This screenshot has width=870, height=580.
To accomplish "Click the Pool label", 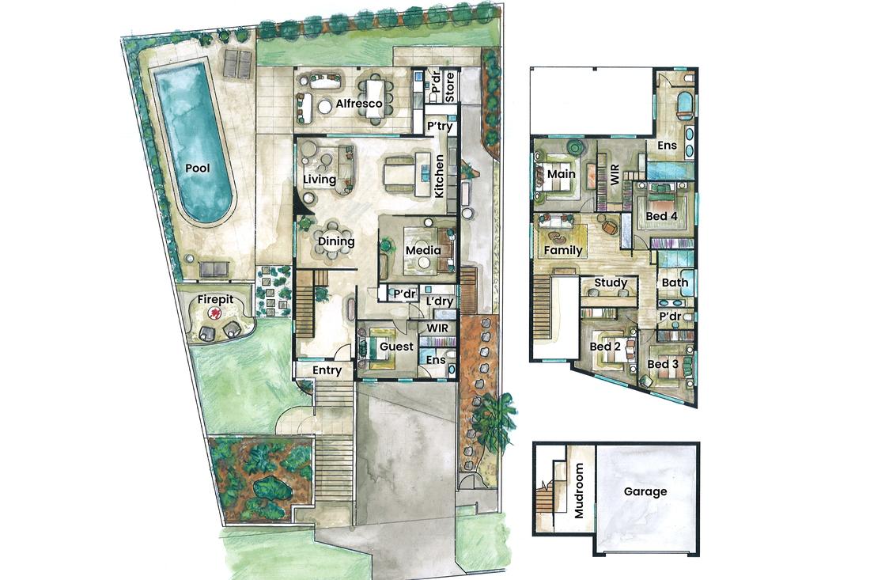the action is pyautogui.click(x=198, y=168).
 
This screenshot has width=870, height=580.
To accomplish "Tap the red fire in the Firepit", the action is pyautogui.click(x=212, y=314).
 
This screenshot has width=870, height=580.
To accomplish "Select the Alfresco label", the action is pyautogui.click(x=359, y=103).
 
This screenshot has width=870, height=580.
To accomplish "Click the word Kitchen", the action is pyautogui.click(x=438, y=176).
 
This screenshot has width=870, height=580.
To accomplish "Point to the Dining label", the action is pyautogui.click(x=336, y=241).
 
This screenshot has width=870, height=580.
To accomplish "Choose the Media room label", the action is pyautogui.click(x=423, y=250).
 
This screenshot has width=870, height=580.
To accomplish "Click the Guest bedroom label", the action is pyautogui.click(x=397, y=347).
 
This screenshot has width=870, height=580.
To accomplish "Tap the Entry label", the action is pyautogui.click(x=327, y=370).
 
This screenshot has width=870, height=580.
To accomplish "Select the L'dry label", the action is pyautogui.click(x=440, y=301).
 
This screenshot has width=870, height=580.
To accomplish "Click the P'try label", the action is pyautogui.click(x=440, y=127).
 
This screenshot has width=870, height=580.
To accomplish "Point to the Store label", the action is pyautogui.click(x=450, y=86).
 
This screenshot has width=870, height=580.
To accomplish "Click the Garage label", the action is pyautogui.click(x=645, y=491).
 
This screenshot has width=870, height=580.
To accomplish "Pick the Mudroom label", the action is pyautogui.click(x=579, y=491).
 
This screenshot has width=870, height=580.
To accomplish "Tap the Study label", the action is pyautogui.click(x=611, y=283).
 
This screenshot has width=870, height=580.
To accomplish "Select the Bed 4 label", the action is pyautogui.click(x=661, y=215).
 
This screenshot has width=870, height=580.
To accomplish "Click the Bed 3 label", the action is pyautogui.click(x=663, y=364).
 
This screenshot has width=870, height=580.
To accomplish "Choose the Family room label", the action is pyautogui.click(x=563, y=250).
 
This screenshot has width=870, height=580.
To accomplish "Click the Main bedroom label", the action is pyautogui.click(x=561, y=174).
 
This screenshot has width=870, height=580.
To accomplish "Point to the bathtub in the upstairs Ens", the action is pyautogui.click(x=684, y=105).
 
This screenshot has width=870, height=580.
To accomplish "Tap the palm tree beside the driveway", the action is pyautogui.click(x=492, y=419).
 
